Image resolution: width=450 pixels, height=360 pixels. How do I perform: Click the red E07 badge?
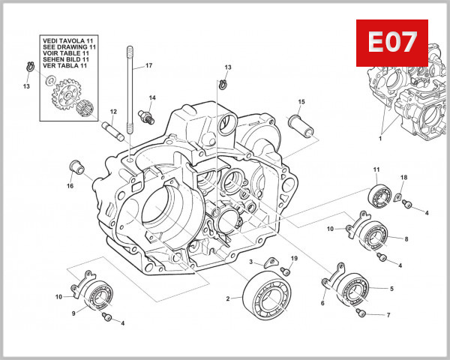391,42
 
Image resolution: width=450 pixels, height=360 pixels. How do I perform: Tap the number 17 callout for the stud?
148,66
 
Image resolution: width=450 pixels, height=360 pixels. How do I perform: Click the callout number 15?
301,101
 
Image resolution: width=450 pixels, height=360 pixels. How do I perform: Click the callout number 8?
406,239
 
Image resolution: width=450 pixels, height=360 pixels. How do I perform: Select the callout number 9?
73,313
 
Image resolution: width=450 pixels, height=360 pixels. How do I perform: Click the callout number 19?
294,259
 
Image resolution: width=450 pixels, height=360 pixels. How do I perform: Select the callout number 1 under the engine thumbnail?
379,138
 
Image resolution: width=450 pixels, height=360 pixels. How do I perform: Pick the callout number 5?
391,288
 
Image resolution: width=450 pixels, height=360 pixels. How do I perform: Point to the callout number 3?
252,262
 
